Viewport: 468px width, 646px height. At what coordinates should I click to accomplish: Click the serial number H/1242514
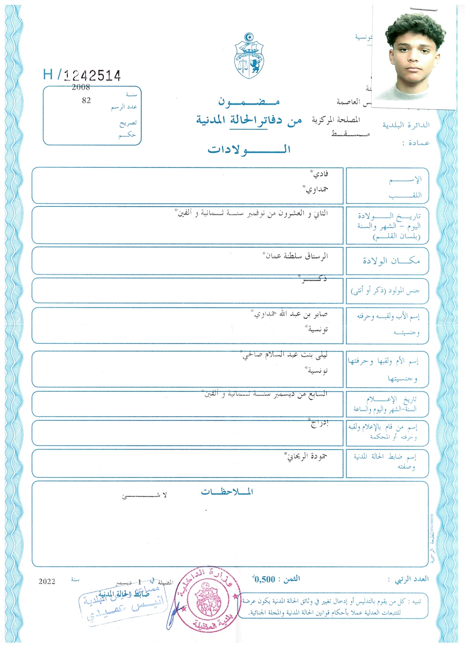point(82,75)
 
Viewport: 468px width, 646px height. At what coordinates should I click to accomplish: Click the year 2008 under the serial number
point(81,87)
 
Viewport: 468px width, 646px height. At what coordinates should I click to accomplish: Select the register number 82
point(86,101)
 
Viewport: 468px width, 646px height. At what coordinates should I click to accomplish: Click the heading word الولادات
point(249,150)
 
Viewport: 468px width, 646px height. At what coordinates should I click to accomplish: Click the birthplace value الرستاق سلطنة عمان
point(296,256)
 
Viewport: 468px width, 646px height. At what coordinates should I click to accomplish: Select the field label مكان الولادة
point(391,261)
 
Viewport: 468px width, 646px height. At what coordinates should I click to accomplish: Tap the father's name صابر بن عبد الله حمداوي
point(290,314)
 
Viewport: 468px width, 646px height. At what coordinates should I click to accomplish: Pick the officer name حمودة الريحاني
point(306,456)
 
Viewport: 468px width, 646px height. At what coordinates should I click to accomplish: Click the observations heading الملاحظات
point(227,492)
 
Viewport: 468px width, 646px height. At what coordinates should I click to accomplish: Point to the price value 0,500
point(264,580)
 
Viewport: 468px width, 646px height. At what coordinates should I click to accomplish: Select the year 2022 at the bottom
point(47,582)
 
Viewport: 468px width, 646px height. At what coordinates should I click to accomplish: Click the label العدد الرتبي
point(411,579)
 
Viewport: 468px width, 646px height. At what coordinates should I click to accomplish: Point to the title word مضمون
point(249,101)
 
